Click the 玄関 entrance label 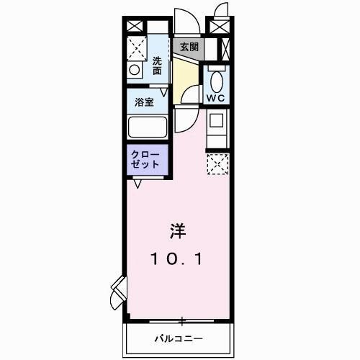point(189,47)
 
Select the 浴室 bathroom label point(145,103)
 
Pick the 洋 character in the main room point(178,232)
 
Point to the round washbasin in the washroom point(134,71)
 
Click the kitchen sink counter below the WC point(217,128)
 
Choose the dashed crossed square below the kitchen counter point(217,164)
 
